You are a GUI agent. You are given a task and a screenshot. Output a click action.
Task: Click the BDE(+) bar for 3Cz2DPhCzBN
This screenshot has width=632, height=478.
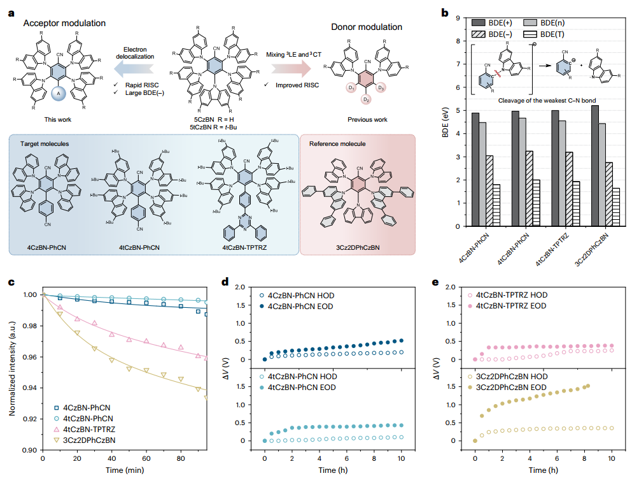pyautogui.click(x=594, y=166)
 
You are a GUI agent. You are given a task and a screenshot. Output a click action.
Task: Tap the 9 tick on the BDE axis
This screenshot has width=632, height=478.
pyautogui.click(x=456, y=18)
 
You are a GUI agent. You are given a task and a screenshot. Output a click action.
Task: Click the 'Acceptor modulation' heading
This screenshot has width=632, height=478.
pyautogui.click(x=64, y=24)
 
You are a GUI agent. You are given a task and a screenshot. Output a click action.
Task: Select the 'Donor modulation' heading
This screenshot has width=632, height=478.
pyautogui.click(x=367, y=27)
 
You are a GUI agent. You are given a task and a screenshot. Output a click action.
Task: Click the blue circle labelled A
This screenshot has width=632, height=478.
pyautogui.click(x=59, y=95)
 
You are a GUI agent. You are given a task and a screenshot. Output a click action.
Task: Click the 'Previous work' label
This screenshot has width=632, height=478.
pyautogui.click(x=367, y=119)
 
